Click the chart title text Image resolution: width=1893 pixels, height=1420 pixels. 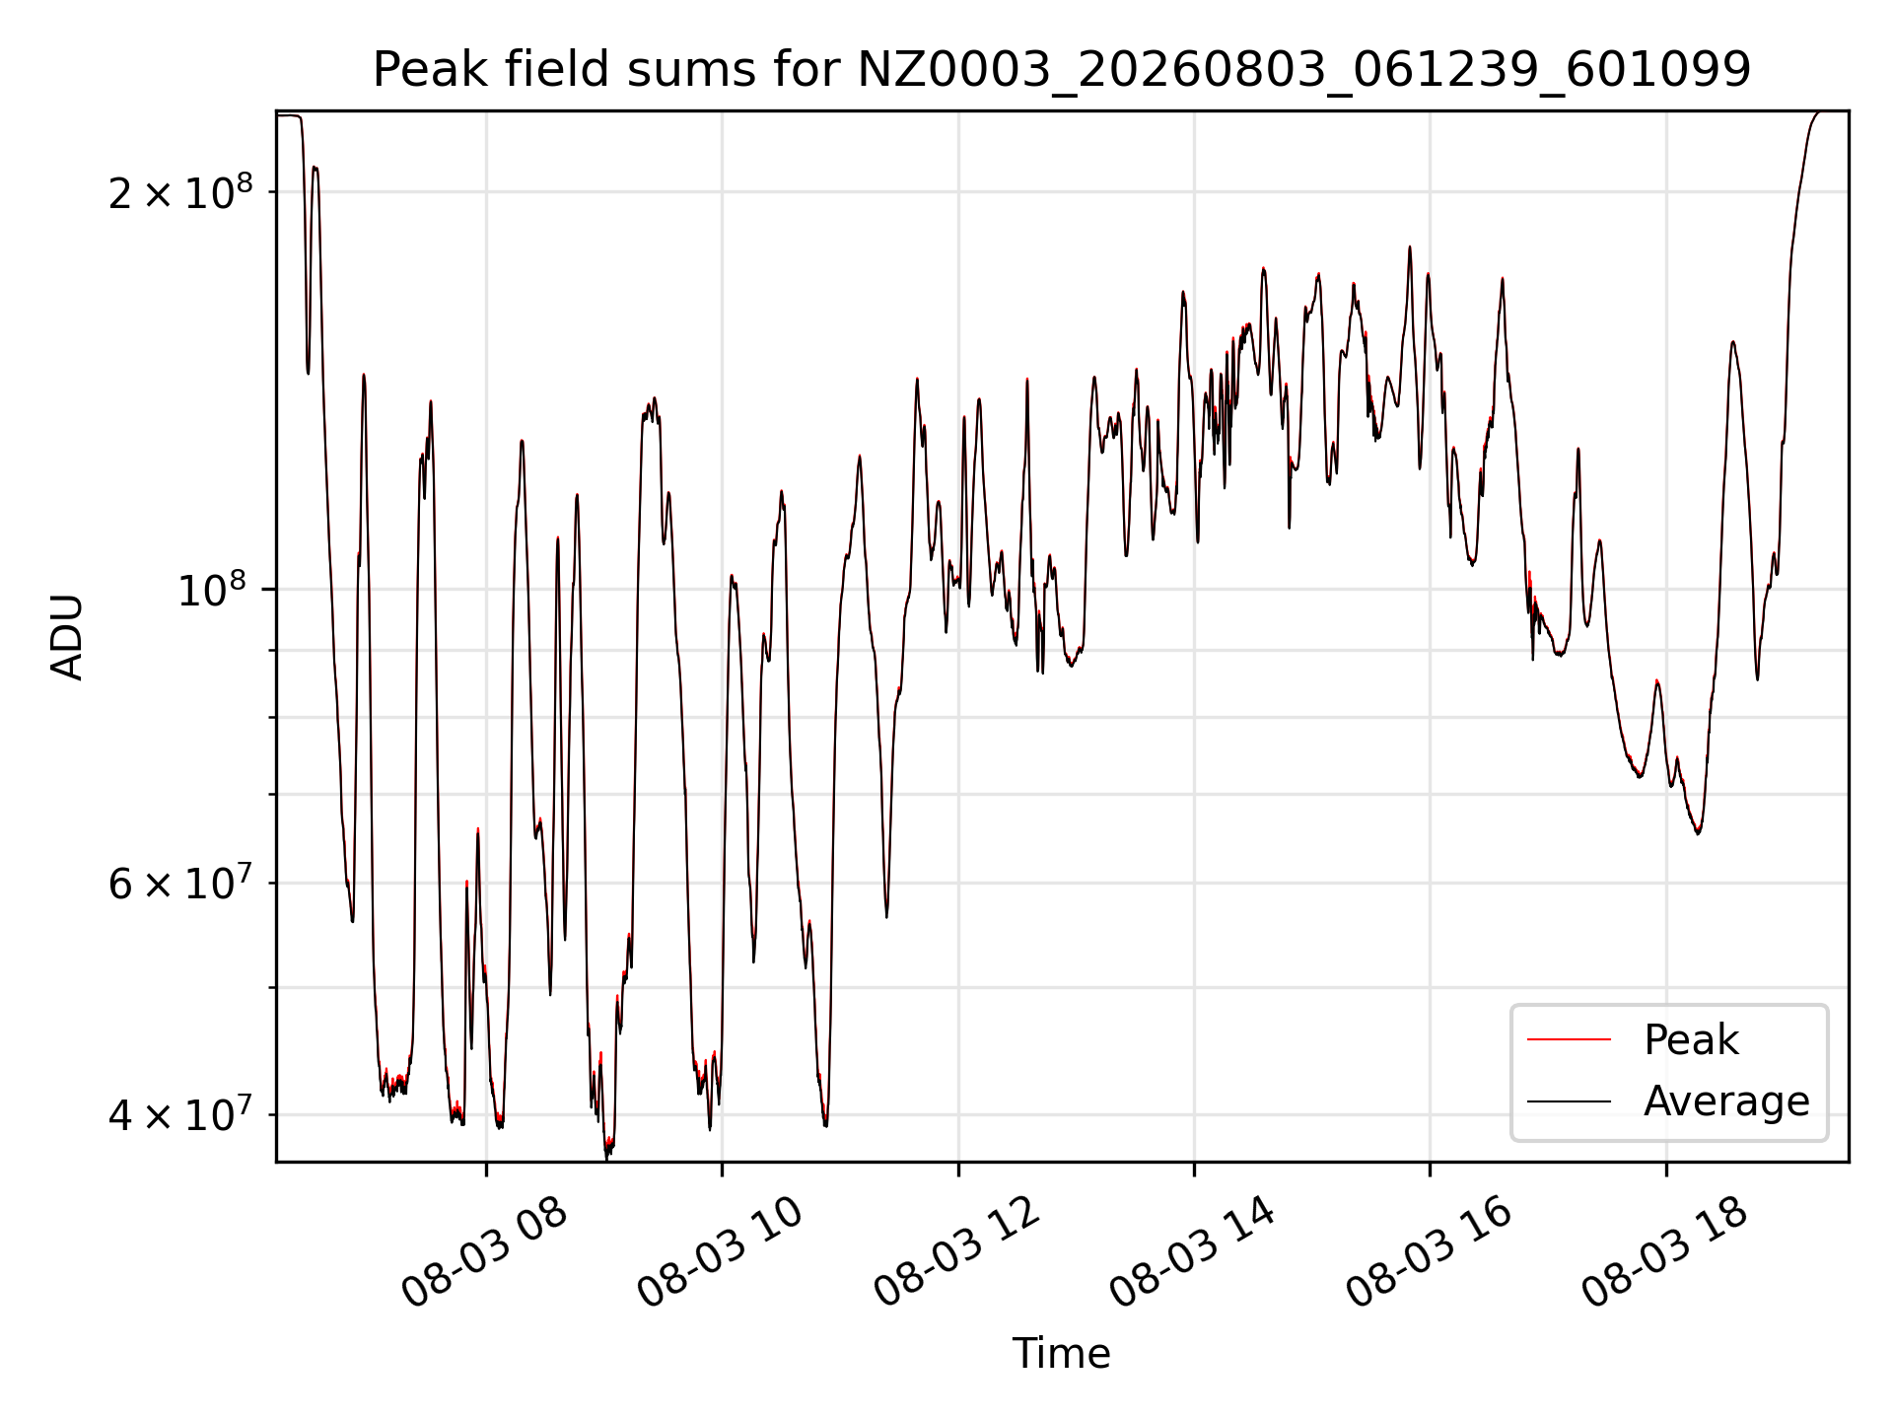pyautogui.click(x=1062, y=70)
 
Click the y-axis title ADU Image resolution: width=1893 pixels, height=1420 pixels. pyautogui.click(x=67, y=637)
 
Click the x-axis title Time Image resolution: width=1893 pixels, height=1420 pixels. pyautogui.click(x=1062, y=1353)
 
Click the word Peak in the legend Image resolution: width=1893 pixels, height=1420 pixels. pyautogui.click(x=1691, y=1040)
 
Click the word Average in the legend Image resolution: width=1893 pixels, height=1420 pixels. pyautogui.click(x=1726, y=1101)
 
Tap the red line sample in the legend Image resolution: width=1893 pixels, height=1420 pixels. pyautogui.click(x=1569, y=1040)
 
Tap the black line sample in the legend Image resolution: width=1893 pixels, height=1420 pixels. pyautogui.click(x=1569, y=1101)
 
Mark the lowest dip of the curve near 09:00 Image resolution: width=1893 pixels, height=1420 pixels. pyautogui.click(x=607, y=1157)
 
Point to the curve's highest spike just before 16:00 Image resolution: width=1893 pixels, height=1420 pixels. pyautogui.click(x=1410, y=248)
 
